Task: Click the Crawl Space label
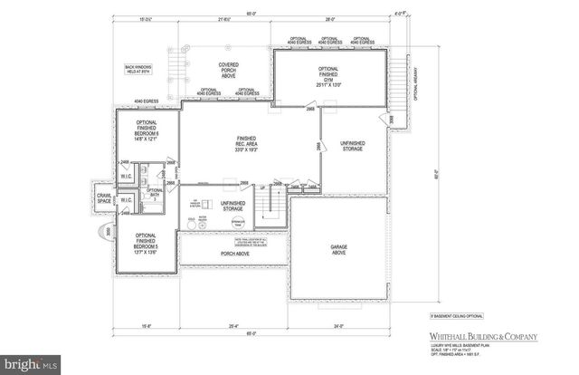[x=102, y=197]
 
